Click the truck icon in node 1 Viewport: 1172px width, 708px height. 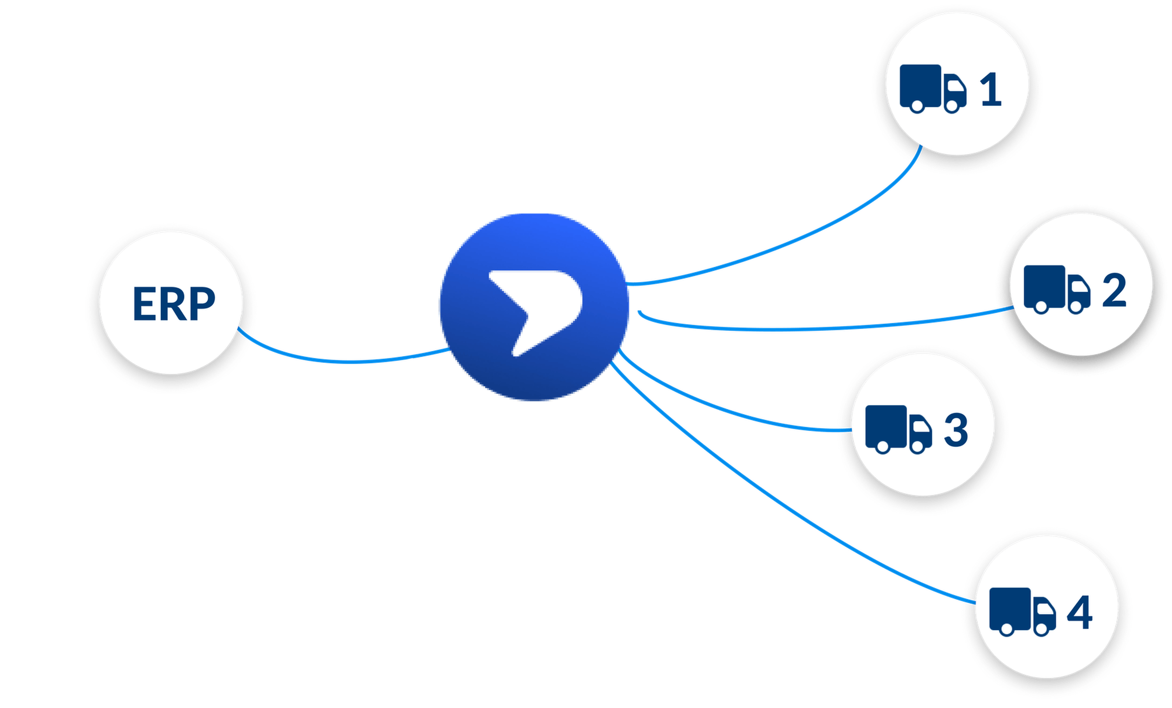point(933,89)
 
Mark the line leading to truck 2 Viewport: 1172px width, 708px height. point(823,329)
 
